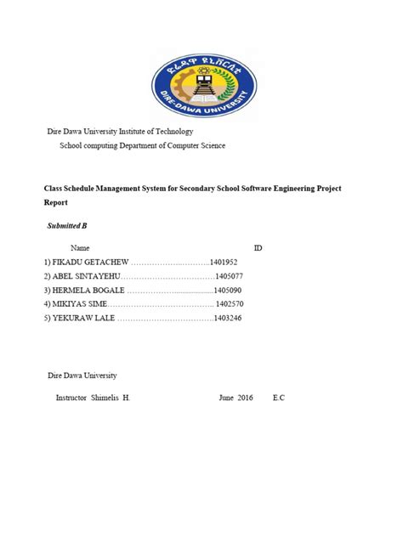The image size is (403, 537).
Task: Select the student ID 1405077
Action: coord(230,276)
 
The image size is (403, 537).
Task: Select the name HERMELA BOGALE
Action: coord(83,290)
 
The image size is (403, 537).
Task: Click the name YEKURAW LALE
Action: coord(78,317)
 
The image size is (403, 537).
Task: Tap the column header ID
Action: coord(258,246)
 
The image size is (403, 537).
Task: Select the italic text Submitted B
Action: coord(65,225)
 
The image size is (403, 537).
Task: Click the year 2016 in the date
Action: coord(245,398)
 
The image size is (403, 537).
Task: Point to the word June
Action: coord(225,398)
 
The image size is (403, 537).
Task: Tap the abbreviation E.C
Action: coord(279,398)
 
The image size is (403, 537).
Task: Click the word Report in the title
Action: coord(55,204)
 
